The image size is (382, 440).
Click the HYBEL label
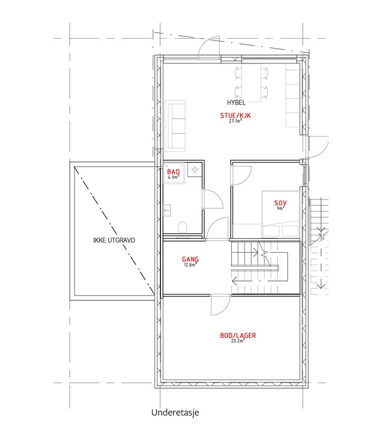[x=236, y=103]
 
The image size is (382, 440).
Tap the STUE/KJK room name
[x=235, y=116]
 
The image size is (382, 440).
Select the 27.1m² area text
[x=236, y=121]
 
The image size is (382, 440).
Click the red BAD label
[x=173, y=172]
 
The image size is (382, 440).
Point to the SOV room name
[x=280, y=203]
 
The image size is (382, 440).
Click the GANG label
[x=190, y=259]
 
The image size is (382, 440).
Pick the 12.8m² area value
[x=190, y=265]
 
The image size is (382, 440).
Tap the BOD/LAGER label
[x=238, y=336]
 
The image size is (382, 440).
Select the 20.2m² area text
[x=238, y=341]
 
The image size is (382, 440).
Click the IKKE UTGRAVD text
[x=114, y=240]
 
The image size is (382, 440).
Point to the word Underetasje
[x=175, y=412]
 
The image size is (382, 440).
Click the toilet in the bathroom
[x=182, y=227]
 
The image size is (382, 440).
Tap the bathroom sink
[x=167, y=211]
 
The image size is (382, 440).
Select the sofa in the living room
[x=175, y=126]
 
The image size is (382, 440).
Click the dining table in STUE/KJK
[x=251, y=83]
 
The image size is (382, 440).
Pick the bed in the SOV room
[x=280, y=214]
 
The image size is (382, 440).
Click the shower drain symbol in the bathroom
[x=195, y=170]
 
